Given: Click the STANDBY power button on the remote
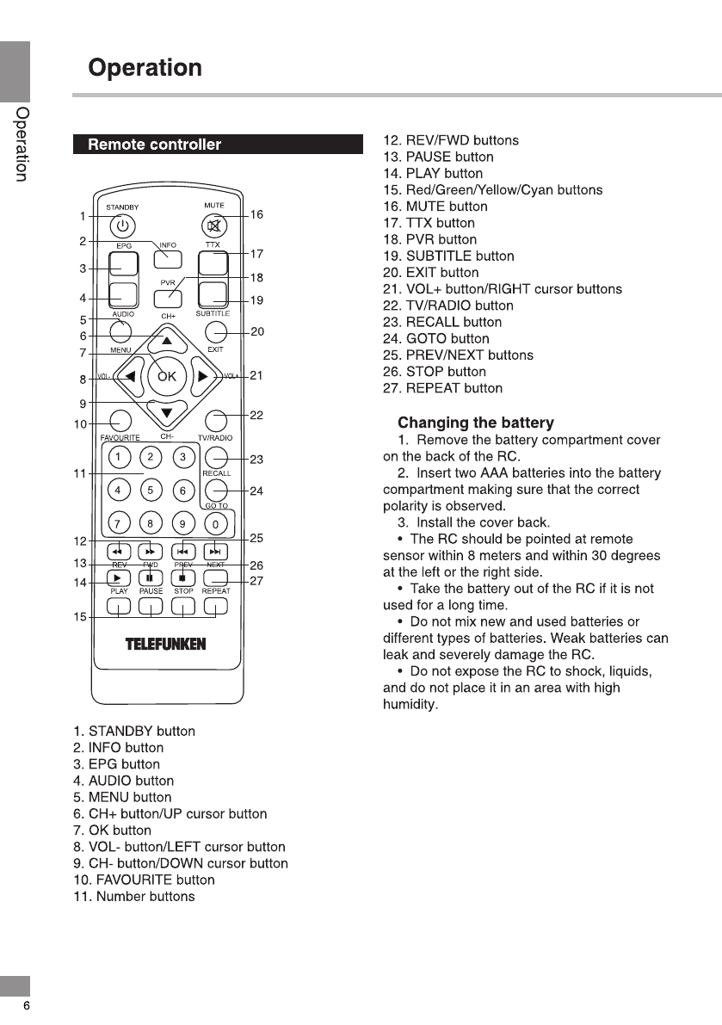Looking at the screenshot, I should [x=123, y=226].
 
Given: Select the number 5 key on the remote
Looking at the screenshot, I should [x=151, y=491].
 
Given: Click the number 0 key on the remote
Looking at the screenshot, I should [x=218, y=523].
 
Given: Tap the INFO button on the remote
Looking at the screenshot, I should [x=168, y=258].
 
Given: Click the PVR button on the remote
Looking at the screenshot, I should [x=168, y=298].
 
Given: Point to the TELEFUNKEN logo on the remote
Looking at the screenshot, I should [x=167, y=644].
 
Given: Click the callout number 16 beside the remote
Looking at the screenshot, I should [x=256, y=214].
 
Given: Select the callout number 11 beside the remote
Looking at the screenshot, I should [x=81, y=474].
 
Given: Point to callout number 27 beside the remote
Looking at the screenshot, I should [x=256, y=581].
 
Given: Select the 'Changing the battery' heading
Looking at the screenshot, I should [x=476, y=423].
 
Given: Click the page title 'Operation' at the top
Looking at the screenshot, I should [x=145, y=68].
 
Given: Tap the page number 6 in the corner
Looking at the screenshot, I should [x=27, y=1006].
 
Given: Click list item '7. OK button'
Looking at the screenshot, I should [x=112, y=830].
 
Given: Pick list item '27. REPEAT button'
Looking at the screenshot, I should [x=442, y=388].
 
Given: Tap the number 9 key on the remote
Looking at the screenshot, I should [x=182, y=523].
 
